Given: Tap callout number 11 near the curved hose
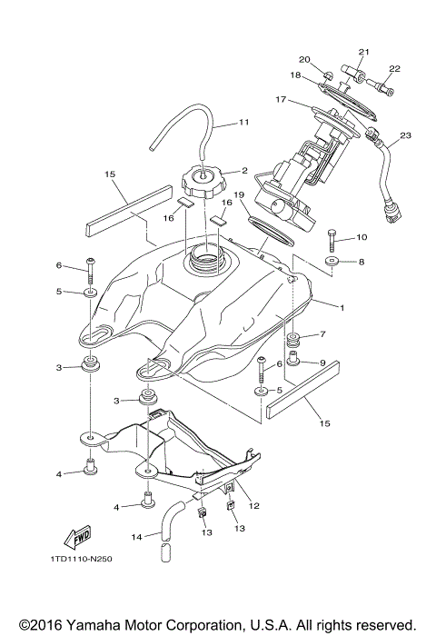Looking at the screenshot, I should click(x=243, y=123).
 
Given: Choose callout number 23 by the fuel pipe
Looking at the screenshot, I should click(x=404, y=135).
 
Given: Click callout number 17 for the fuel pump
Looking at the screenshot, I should click(x=282, y=99).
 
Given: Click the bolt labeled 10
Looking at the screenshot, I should click(x=332, y=240).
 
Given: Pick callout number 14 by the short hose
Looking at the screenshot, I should click(x=135, y=536).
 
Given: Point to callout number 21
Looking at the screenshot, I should click(x=364, y=52).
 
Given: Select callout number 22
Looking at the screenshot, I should click(x=395, y=68).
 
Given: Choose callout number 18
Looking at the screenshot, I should click(x=295, y=75).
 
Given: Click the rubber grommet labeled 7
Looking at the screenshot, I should click(x=294, y=342).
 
